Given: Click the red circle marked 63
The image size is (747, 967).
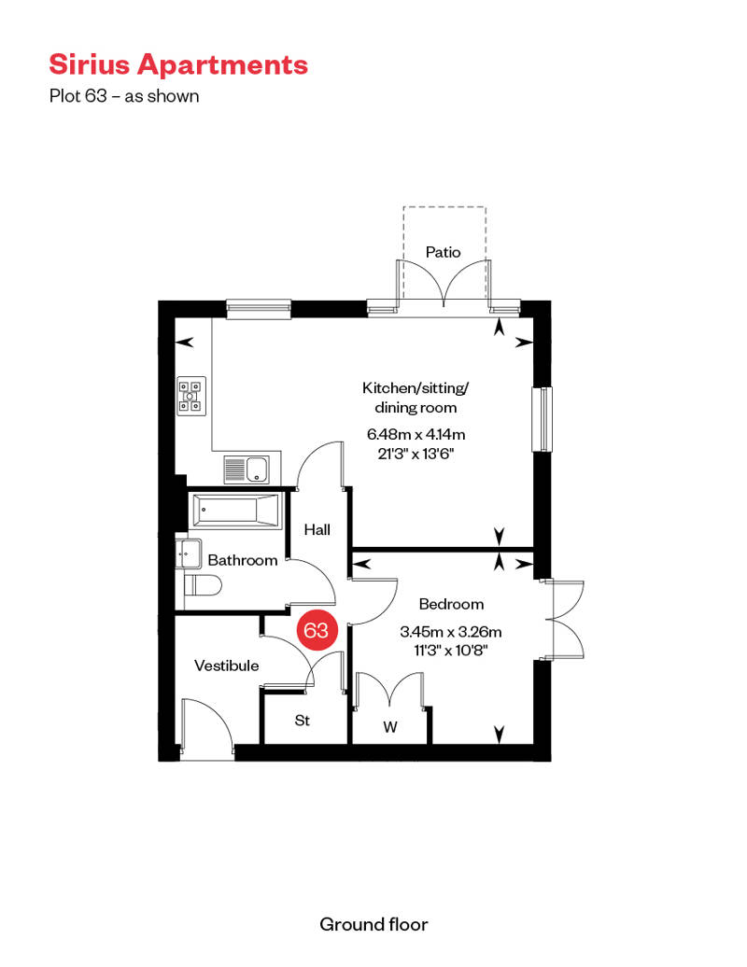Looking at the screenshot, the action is coord(317,630).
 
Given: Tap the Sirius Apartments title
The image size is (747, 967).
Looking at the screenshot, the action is coord(178,64).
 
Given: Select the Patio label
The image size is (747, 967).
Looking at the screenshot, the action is coord(443,252).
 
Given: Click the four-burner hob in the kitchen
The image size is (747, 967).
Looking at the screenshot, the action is coord(191,396).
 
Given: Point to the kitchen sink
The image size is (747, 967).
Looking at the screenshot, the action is coord(247,469).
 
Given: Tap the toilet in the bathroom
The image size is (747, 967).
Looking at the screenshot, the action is coord(203,585).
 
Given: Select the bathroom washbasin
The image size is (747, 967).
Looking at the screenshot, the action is coord(188,554).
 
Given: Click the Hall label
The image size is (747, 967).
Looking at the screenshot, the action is coord(317,530).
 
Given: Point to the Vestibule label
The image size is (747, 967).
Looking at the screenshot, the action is coord(226,666).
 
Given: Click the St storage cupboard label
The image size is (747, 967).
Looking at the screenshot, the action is coord(303,721).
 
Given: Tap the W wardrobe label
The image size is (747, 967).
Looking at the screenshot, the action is coord(390,728).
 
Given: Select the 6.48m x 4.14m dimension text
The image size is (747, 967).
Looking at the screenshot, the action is coord(416,434).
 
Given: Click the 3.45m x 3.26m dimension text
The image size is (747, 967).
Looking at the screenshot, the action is coord(451,632).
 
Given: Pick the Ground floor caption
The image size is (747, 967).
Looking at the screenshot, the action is coord(373,924).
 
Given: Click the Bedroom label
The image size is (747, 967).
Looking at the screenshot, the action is coord(451,605).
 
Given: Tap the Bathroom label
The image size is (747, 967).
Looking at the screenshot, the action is coord(243,561).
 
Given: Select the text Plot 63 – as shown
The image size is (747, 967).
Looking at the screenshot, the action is coord(124,96).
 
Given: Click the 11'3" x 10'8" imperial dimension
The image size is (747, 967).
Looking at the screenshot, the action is coord(451,650).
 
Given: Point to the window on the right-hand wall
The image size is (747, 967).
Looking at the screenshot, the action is coord(543,419).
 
